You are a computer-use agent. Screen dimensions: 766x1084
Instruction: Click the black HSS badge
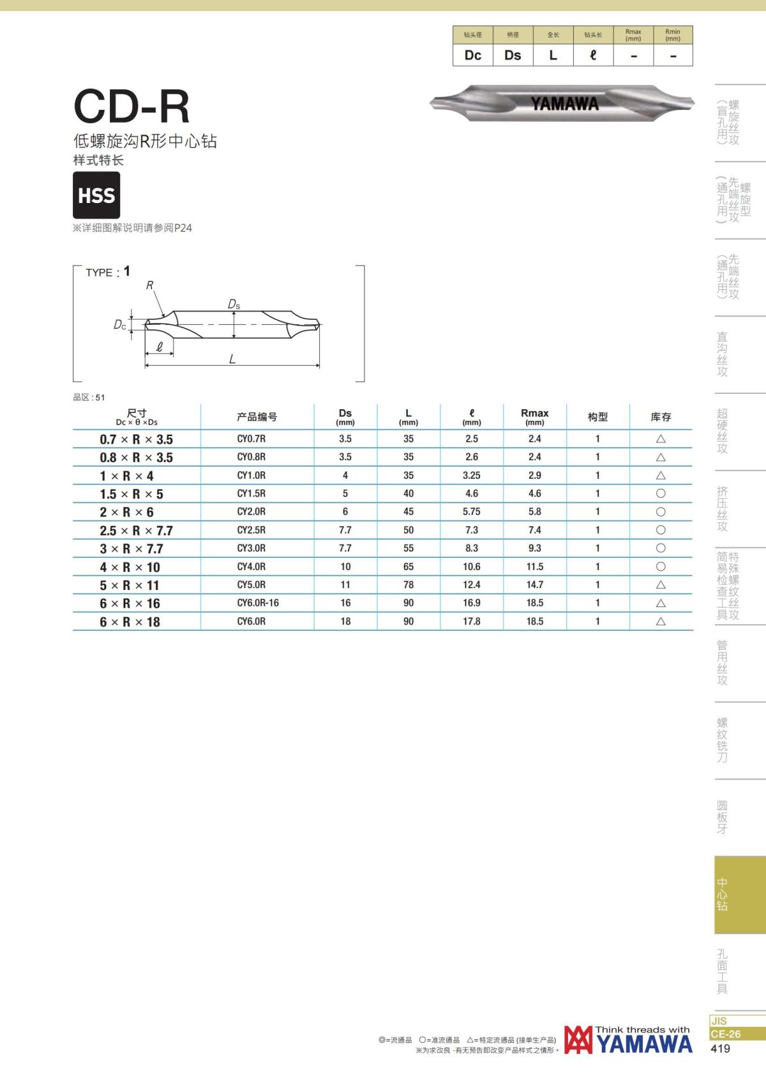click(x=96, y=195)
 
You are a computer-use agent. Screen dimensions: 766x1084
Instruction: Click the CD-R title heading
click(x=131, y=107)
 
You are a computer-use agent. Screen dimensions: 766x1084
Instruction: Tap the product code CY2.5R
click(x=251, y=530)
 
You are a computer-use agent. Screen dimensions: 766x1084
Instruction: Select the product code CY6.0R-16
click(x=258, y=603)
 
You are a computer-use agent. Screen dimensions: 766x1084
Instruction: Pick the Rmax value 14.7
click(x=535, y=585)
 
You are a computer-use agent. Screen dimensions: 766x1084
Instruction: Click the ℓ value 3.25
click(x=471, y=475)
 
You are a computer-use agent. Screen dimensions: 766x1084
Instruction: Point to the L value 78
click(x=409, y=585)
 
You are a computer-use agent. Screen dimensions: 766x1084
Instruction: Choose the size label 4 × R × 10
click(x=130, y=567)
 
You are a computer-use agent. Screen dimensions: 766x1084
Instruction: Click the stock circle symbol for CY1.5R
click(x=661, y=493)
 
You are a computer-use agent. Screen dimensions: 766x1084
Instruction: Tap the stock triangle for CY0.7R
click(x=661, y=439)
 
